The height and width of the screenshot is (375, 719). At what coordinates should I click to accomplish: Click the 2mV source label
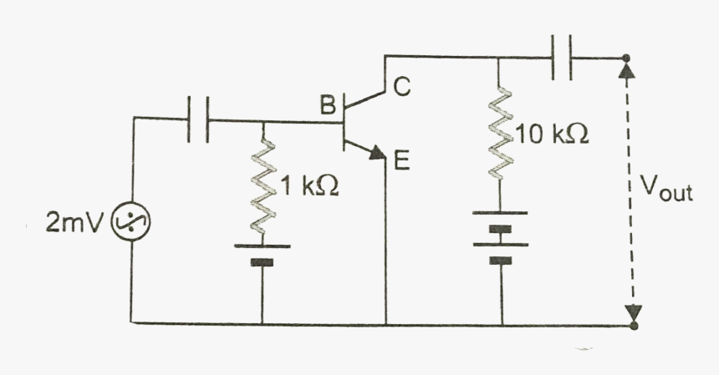click(73, 224)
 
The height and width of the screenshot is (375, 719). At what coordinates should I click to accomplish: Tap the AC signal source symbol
click(132, 223)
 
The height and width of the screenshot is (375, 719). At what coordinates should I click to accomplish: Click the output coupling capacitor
click(561, 57)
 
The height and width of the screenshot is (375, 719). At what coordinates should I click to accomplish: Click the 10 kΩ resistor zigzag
click(500, 134)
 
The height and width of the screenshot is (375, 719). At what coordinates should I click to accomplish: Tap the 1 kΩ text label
click(309, 188)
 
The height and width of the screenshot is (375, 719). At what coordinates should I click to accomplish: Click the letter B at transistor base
click(327, 105)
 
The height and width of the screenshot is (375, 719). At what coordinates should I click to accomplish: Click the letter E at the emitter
click(401, 162)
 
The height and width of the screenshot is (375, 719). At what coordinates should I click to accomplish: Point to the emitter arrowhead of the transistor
click(378, 154)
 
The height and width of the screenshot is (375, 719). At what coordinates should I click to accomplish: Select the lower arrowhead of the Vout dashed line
click(634, 314)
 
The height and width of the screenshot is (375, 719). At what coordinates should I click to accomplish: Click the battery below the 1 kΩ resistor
click(263, 254)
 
